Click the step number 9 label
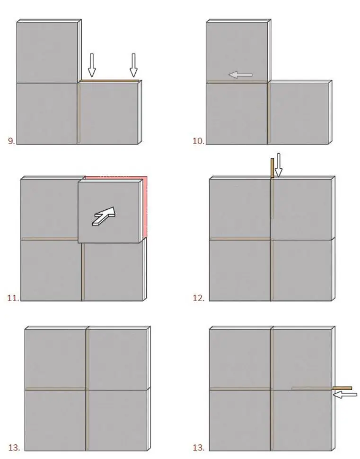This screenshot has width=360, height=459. click(x=11, y=140)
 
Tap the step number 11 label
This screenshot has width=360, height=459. click(x=13, y=298)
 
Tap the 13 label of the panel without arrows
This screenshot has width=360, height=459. click(x=14, y=447)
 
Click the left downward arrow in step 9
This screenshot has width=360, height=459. click(x=92, y=65)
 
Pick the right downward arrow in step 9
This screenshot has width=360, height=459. click(x=133, y=65)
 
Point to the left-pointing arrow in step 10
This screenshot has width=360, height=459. click(x=240, y=74)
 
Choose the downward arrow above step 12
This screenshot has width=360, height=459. click(x=279, y=165)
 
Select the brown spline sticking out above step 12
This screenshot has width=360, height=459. click(x=272, y=168)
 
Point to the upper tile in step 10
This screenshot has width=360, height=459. click(x=237, y=50)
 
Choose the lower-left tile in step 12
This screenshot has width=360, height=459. click(x=239, y=269)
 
